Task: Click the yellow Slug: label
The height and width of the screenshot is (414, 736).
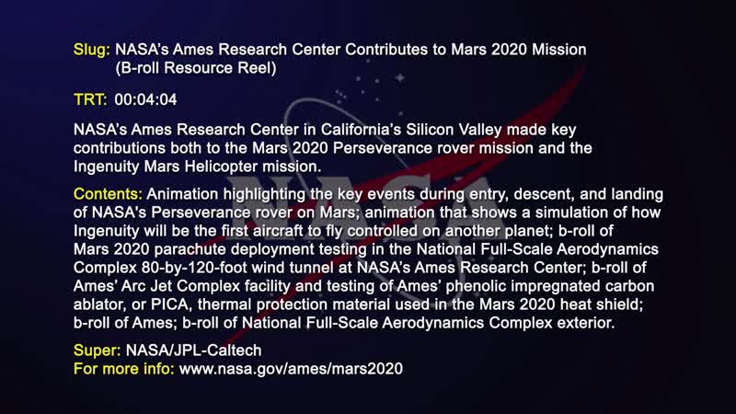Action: (92, 48)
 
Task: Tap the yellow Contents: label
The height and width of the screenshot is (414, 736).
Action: (108, 196)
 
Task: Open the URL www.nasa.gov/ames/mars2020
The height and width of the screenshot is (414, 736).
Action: (291, 368)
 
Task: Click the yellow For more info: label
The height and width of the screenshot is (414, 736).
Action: (124, 368)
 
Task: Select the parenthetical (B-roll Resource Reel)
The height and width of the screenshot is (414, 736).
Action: (195, 68)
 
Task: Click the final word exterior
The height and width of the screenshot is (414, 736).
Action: (581, 325)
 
